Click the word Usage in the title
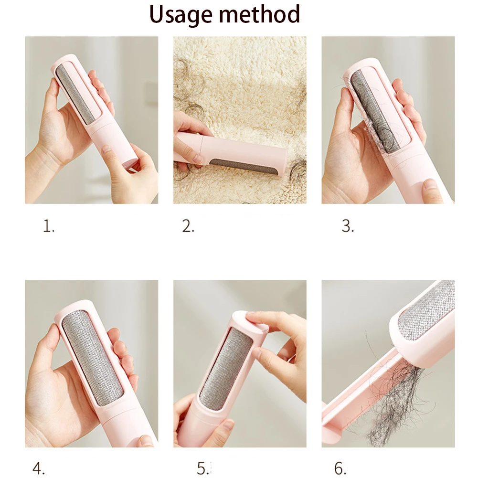[181, 15]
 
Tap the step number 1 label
[49, 226]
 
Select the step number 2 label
[188, 226]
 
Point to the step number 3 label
[348, 226]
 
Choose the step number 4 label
[38, 468]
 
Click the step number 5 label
[203, 468]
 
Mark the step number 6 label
[340, 468]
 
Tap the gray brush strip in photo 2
[244, 167]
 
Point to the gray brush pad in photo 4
[92, 358]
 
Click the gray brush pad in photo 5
[226, 369]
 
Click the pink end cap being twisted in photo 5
[249, 323]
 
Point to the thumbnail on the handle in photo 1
[106, 149]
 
